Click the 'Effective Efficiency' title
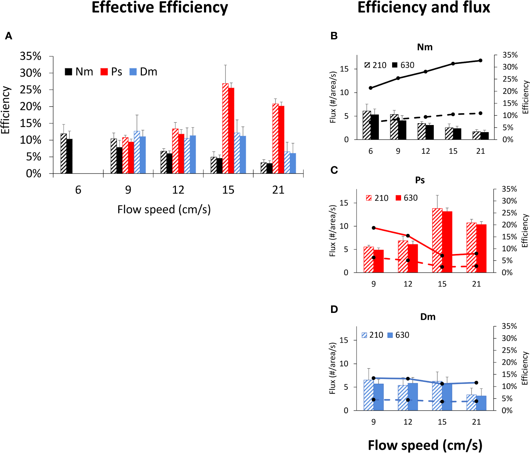tap(160, 8)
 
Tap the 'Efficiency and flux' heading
tap(424, 8)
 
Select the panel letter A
tap(9, 36)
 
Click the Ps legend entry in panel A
tap(111, 72)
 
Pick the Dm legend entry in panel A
tap(143, 72)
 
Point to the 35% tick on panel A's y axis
tap(31, 56)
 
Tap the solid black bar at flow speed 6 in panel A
tap(70, 156)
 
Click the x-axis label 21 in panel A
tap(278, 190)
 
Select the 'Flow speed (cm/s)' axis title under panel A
tap(164, 209)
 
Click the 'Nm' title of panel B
tap(425, 47)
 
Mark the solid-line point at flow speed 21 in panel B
tap(480, 60)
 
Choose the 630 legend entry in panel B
tap(403, 65)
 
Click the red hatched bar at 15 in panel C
tap(437, 240)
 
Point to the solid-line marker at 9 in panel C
tap(373, 228)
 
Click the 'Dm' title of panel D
tap(428, 317)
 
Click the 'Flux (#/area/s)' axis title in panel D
tap(333, 368)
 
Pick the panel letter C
tap(334, 170)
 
